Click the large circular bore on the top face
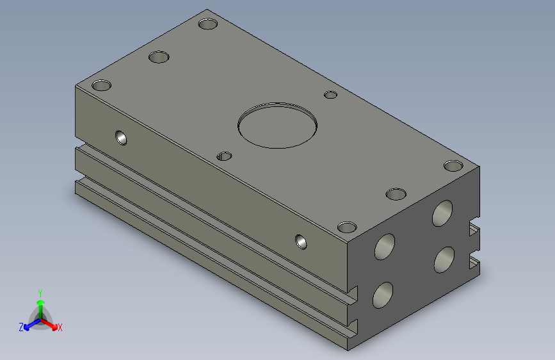coord(277,124)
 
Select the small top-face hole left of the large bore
coord(224,156)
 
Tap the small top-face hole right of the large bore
coord(330,95)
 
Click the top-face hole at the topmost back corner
coord(207,24)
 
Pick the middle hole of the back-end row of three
coord(159,57)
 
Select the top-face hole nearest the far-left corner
coord(101,85)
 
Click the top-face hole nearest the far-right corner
coord(453,166)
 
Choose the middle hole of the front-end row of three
coord(396,193)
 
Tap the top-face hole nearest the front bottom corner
coord(346,227)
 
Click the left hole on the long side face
coord(121,136)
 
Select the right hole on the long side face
coord(301,241)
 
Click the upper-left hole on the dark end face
coord(385,246)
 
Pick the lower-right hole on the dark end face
coord(444,259)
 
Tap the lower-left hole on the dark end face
coord(383,294)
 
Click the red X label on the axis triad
coord(60,328)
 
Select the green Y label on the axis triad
coord(40,292)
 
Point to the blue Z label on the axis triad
coord(21,327)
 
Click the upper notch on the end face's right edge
coord(474,230)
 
